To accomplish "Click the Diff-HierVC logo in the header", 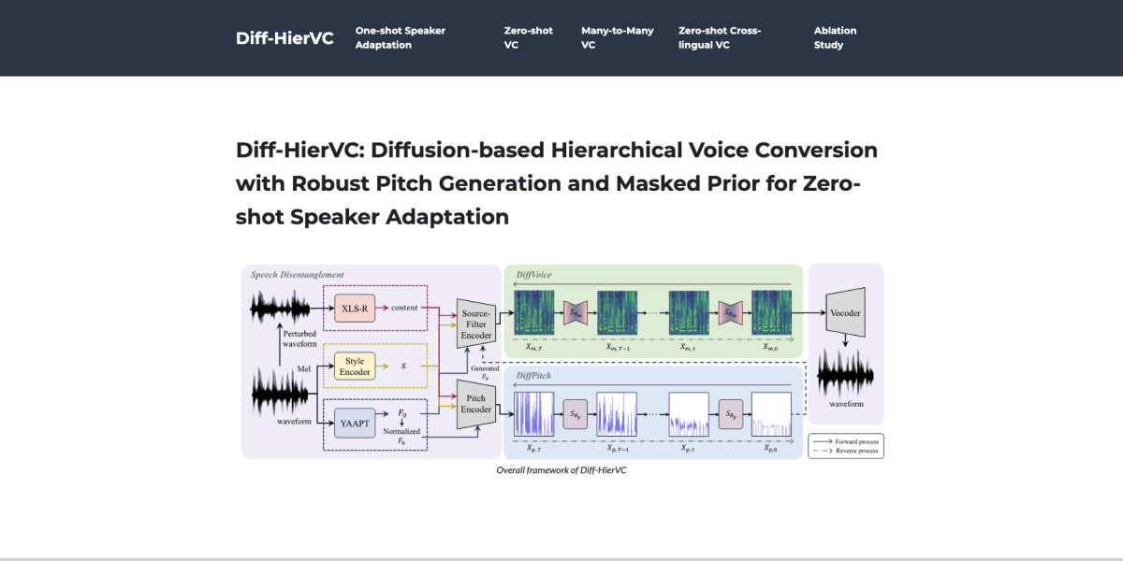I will point(284,38).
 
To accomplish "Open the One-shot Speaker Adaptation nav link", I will point(400,37).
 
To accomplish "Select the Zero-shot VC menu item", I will point(528,37).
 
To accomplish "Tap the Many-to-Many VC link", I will point(617,37).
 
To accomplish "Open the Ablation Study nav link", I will point(835,37).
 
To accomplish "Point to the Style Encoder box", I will point(355,366).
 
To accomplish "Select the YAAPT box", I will point(355,423).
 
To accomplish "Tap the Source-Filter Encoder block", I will point(476,323).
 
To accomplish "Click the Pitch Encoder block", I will point(476,403).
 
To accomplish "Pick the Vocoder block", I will point(845,313).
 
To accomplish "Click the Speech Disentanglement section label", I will point(297,275).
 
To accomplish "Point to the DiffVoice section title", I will point(535,275).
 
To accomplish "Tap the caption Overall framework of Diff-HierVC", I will point(561,470).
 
